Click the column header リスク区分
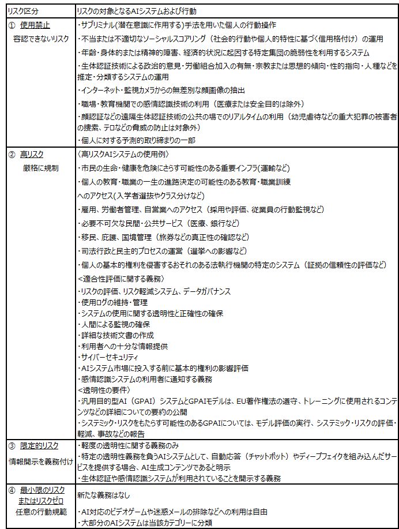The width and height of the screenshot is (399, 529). tap(21, 11)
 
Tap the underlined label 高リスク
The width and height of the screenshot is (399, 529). tap(32, 155)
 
